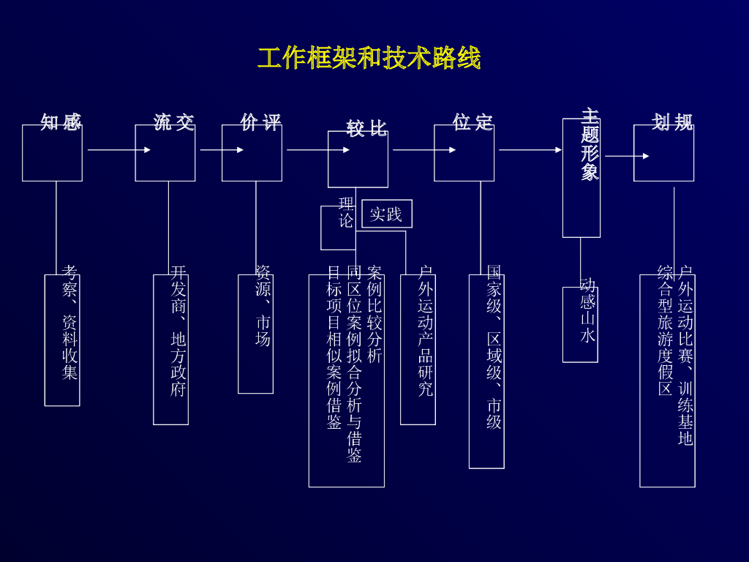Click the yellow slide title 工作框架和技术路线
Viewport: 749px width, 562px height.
click(369, 58)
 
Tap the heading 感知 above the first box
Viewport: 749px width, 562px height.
click(61, 122)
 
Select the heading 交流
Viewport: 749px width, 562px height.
click(174, 122)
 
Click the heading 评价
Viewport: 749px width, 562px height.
click(261, 122)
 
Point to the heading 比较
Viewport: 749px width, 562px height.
click(367, 129)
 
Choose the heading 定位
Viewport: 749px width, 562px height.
click(473, 122)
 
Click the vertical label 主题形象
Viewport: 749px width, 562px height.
click(590, 145)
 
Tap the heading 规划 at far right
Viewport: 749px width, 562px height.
click(673, 122)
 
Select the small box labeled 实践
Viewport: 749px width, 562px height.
click(386, 214)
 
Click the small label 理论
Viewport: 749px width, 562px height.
click(346, 212)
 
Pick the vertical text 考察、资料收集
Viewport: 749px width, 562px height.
click(70, 323)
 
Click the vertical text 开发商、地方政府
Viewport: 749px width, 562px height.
click(178, 331)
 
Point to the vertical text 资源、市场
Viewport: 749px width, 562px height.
click(263, 306)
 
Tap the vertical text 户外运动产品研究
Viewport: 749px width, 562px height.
click(426, 331)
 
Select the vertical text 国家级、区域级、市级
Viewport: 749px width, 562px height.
click(494, 348)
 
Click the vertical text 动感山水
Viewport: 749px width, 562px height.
click(587, 310)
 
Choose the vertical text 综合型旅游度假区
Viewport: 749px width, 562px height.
click(665, 331)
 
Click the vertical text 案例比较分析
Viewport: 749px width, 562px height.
click(374, 315)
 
